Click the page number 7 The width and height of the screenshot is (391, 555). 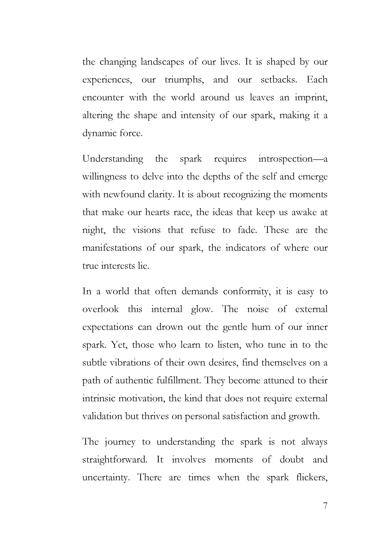325,506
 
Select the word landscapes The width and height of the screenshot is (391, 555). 162,62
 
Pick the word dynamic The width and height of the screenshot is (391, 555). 99,134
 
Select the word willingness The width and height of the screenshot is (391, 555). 104,177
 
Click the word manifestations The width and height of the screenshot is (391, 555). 112,248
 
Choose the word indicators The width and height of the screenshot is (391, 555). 245,248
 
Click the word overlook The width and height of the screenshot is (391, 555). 100,309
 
